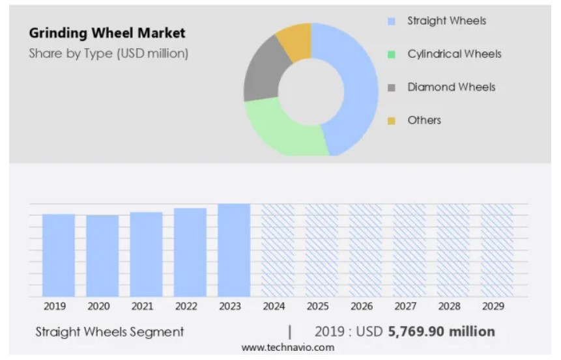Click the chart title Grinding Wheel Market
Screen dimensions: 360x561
tap(107, 33)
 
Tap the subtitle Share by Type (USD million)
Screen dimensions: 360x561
tap(108, 53)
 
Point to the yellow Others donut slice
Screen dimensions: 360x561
tap(295, 40)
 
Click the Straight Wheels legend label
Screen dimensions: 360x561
tap(446, 21)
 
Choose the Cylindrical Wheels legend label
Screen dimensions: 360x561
tap(454, 54)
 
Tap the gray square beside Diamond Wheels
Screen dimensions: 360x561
tap(392, 88)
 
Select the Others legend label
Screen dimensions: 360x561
tap(424, 120)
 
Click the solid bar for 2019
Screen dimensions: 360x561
tap(59, 255)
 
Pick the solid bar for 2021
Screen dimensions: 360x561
tap(146, 255)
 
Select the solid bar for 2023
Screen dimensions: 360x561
tap(234, 250)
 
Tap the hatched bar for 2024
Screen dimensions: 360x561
tap(278, 250)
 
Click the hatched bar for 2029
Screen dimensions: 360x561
tap(497, 250)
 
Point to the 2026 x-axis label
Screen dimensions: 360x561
tap(362, 307)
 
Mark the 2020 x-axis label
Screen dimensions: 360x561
tap(98, 307)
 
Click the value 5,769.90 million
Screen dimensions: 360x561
tap(441, 332)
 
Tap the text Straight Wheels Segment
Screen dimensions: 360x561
tap(109, 332)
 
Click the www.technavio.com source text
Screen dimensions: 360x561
tap(287, 348)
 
